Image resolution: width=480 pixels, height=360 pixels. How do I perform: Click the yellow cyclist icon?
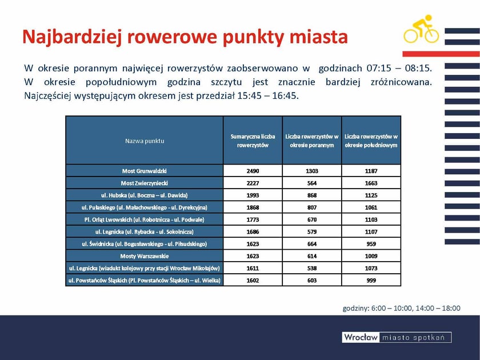click(x=421, y=29)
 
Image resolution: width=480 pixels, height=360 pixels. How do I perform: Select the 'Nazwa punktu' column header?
click(x=145, y=141)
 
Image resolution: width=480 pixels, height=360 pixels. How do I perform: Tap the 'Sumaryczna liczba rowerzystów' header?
click(x=253, y=141)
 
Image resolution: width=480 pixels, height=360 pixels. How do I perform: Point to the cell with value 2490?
click(x=253, y=171)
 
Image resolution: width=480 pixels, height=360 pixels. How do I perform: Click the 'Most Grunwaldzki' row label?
click(x=145, y=171)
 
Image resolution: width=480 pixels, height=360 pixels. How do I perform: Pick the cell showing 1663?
click(x=371, y=183)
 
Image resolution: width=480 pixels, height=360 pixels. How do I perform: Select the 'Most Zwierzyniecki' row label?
click(x=145, y=183)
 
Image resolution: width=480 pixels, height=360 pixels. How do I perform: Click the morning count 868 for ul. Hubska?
click(x=312, y=195)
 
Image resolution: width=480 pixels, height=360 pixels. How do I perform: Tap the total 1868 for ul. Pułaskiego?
click(x=253, y=207)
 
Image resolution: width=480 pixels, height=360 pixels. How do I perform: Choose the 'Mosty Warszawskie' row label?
click(x=145, y=256)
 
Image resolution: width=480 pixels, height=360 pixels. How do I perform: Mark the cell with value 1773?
click(x=253, y=219)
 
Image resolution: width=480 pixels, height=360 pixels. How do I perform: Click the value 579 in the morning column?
click(x=312, y=231)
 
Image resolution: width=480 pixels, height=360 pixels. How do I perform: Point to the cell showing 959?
click(x=371, y=244)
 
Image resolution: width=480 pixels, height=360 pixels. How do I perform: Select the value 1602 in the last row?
click(x=253, y=280)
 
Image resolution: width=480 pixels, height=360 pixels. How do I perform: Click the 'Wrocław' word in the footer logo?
click(x=361, y=338)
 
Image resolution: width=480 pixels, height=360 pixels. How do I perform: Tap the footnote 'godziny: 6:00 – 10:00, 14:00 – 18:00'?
click(x=401, y=308)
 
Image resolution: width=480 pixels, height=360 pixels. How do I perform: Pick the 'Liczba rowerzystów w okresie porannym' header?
click(x=312, y=141)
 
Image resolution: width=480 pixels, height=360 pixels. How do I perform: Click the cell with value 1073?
click(x=371, y=268)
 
